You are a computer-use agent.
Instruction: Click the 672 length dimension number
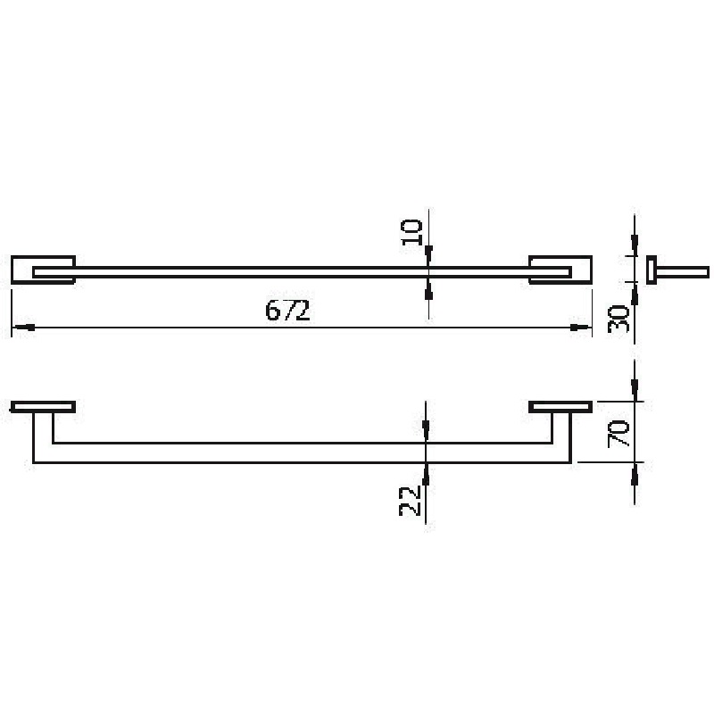click(287, 311)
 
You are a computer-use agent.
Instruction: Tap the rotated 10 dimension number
click(411, 232)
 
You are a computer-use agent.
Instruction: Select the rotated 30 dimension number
click(619, 320)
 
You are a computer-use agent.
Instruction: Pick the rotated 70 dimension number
click(619, 434)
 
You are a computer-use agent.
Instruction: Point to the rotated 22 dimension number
click(409, 501)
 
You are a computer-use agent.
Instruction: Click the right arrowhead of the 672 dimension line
click(580, 328)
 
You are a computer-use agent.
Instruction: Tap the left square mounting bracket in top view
click(43, 270)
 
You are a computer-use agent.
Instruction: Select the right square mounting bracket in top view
click(560, 270)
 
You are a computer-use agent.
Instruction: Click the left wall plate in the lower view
click(43, 407)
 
